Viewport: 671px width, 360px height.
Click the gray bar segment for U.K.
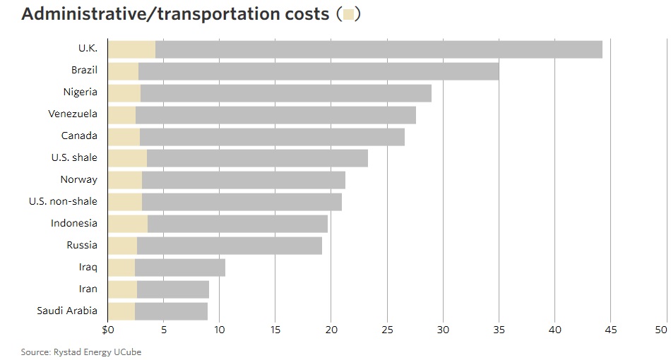[x=379, y=49]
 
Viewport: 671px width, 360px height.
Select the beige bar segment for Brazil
[x=123, y=71]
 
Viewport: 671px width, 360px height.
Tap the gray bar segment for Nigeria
[x=286, y=93]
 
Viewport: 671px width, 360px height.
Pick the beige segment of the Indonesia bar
[x=128, y=224]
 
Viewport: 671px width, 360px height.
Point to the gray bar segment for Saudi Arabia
[x=171, y=311]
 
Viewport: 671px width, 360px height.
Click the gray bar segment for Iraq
[x=180, y=268]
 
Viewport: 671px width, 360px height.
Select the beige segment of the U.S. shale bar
[x=127, y=158]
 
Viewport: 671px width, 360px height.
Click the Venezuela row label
[x=73, y=114]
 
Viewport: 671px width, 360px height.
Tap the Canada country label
[x=79, y=136]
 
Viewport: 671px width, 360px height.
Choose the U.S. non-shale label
[x=63, y=201]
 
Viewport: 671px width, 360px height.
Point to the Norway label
[x=79, y=179]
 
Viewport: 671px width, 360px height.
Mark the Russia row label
[x=81, y=245]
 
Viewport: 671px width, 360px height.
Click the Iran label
[x=88, y=289]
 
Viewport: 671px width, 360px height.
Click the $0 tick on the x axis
[x=108, y=330]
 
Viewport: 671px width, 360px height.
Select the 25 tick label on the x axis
[x=387, y=330]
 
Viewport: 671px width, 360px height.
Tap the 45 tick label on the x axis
[x=610, y=330]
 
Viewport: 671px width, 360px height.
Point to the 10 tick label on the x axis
[x=220, y=330]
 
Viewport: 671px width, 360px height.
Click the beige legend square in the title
[x=348, y=14]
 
